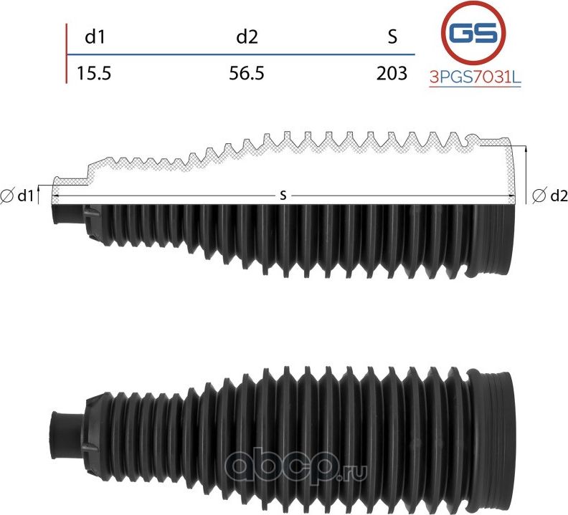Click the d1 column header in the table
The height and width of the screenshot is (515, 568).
95,37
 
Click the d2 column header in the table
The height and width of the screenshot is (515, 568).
247,37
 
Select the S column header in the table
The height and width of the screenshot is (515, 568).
392,37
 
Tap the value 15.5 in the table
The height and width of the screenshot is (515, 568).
94,72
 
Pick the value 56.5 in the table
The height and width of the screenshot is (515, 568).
247,72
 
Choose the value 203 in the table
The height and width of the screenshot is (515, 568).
392,72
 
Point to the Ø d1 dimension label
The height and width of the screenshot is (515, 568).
19,196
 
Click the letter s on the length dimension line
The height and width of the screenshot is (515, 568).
284,195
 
